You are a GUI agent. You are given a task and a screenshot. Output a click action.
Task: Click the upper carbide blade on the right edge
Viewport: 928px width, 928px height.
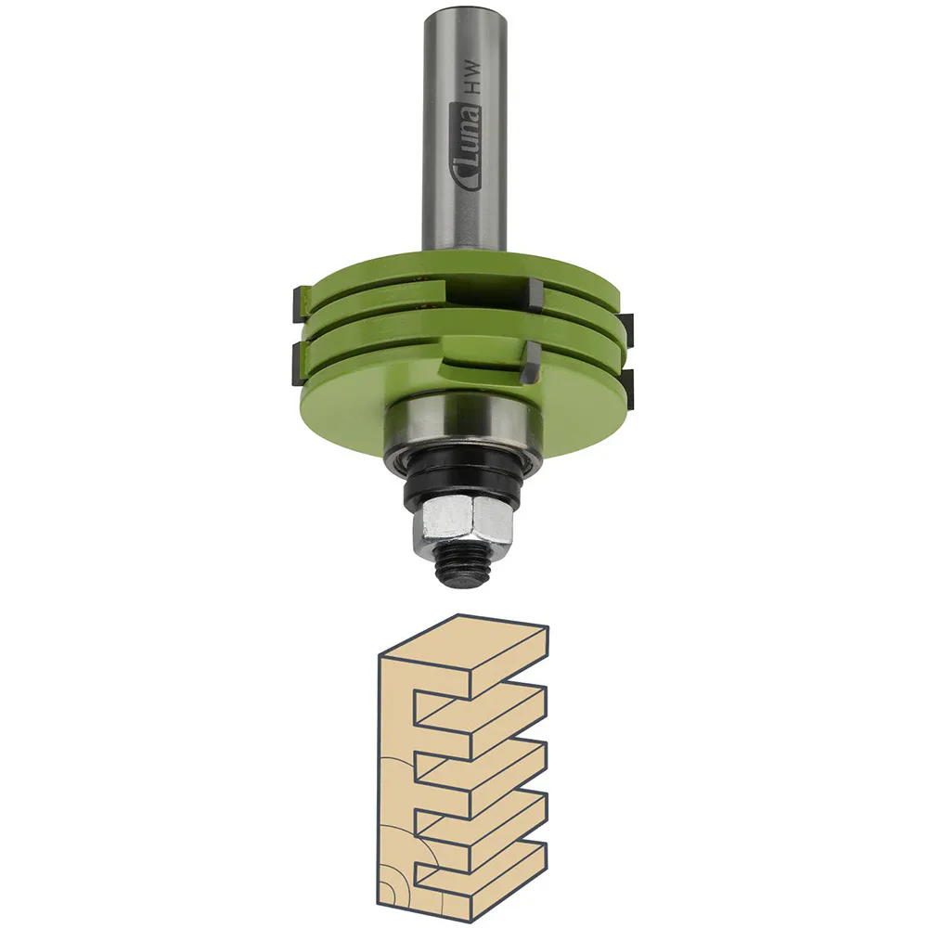point(625,326)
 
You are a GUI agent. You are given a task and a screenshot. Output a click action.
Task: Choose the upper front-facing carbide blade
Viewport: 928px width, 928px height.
point(535,298)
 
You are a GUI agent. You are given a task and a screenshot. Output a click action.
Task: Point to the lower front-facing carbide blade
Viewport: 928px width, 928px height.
point(533,364)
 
